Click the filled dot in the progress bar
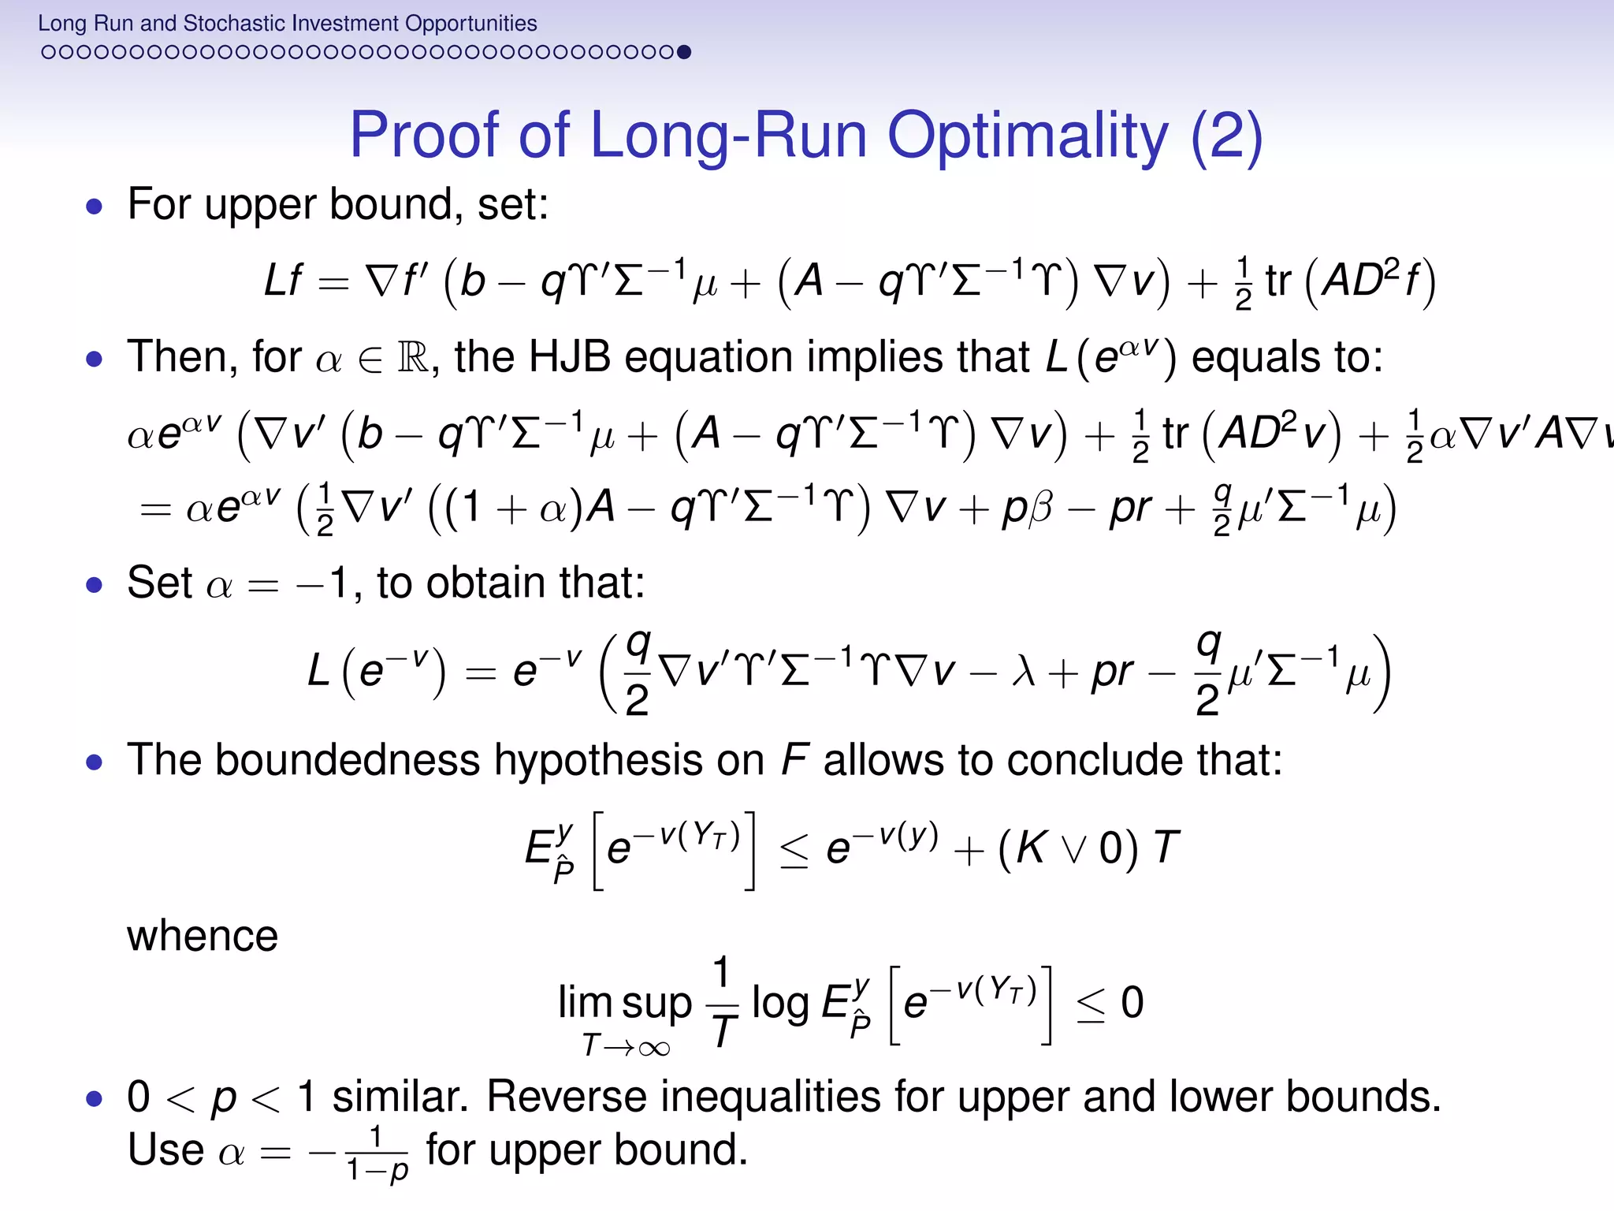(684, 52)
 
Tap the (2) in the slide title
(1226, 136)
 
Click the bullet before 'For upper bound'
(95, 207)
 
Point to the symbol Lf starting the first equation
(282, 280)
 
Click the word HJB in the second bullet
(569, 356)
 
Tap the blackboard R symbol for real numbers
(413, 358)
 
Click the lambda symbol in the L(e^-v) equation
(1022, 673)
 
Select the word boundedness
(347, 760)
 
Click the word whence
(203, 936)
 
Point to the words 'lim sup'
(624, 1003)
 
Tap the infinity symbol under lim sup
(654, 1048)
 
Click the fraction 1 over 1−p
(377, 1153)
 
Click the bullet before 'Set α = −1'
(95, 585)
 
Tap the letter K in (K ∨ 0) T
(1030, 849)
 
